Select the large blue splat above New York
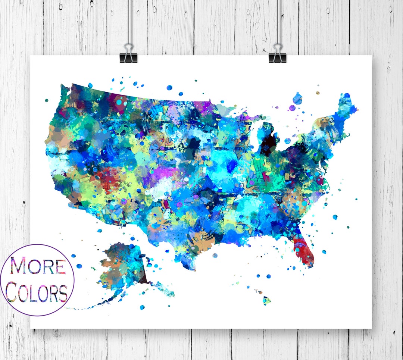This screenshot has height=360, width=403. pyautogui.click(x=297, y=98)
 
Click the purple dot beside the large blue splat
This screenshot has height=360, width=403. pyautogui.click(x=292, y=108)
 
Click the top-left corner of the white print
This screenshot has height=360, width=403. pyautogui.click(x=31, y=56)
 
